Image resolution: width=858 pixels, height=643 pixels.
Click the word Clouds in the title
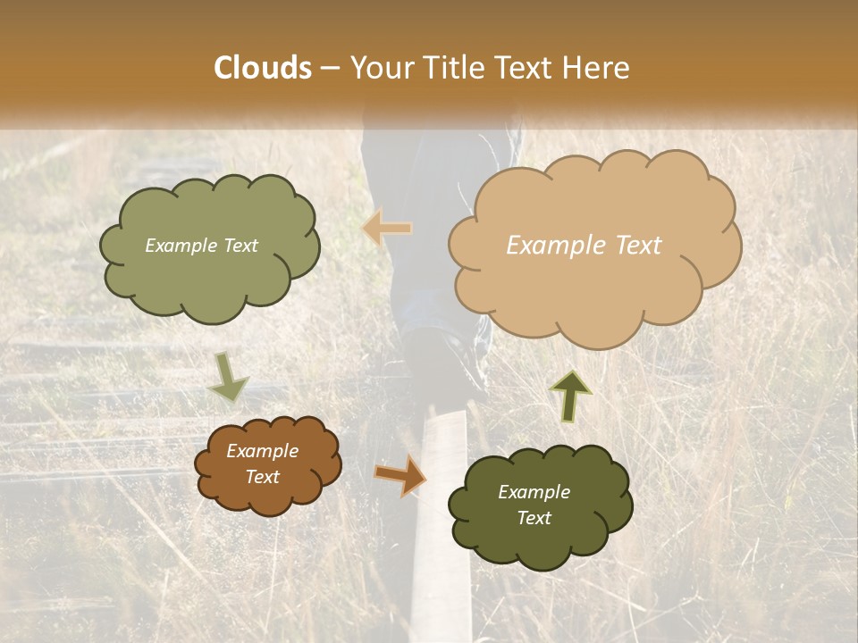coord(263,68)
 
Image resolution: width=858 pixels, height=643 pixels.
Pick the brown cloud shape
coord(268,496)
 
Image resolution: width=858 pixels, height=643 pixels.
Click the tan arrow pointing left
coord(387,229)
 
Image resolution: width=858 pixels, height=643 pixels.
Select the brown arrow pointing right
coord(400,475)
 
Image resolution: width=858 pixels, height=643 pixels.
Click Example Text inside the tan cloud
coord(584,246)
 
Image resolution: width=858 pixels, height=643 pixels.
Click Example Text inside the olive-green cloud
coord(201,246)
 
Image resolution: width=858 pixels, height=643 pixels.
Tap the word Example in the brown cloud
coord(262,451)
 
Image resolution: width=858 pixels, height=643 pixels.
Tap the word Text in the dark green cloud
coord(534,518)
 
